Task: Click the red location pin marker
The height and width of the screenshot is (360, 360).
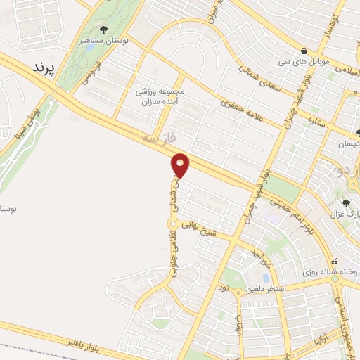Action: click(x=181, y=166)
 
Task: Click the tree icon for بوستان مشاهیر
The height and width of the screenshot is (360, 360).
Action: click(x=103, y=30)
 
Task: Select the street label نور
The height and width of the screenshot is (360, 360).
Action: click(x=224, y=287)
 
